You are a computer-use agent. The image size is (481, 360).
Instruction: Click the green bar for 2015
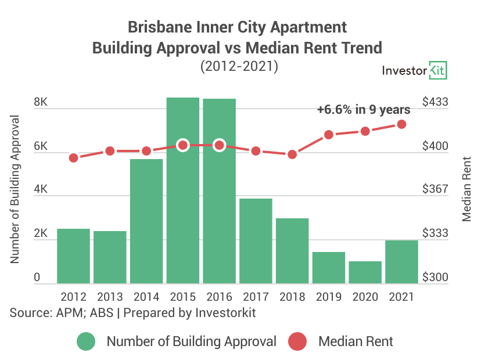(183, 221)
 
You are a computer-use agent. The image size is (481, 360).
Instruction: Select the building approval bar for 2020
(365, 272)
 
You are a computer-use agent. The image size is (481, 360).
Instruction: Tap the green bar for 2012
(73, 256)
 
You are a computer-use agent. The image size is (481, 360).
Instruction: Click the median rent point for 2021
(401, 124)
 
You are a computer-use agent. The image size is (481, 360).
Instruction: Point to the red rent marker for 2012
(73, 158)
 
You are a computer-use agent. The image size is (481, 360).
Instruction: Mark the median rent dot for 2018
(292, 154)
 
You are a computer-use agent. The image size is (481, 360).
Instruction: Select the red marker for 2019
(329, 135)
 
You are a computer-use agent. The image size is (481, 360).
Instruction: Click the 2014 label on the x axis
(146, 296)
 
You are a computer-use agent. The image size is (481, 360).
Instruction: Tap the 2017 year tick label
(256, 296)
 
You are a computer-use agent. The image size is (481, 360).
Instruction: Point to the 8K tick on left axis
(41, 103)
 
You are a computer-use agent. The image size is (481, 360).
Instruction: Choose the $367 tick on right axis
(435, 190)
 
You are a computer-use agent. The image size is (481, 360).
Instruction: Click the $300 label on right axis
(435, 278)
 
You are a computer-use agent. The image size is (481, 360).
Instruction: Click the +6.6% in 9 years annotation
(364, 109)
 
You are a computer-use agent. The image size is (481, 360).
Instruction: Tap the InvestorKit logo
(414, 71)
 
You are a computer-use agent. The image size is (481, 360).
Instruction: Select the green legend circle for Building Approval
(86, 341)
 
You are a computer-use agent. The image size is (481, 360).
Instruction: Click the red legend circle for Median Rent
(297, 341)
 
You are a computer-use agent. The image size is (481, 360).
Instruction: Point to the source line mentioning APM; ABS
(133, 313)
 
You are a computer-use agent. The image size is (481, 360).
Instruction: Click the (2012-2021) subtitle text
(239, 67)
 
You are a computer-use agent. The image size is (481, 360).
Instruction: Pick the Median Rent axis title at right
(467, 189)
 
